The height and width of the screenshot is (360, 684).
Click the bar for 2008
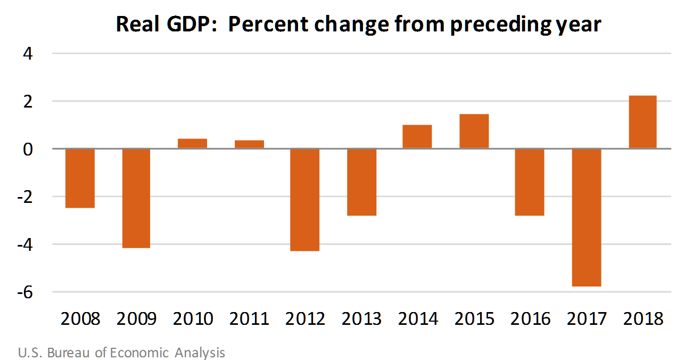[80, 178]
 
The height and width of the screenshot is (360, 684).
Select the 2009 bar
[136, 198]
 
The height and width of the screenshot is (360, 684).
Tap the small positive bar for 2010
[193, 143]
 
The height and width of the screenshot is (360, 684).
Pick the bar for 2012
[305, 199]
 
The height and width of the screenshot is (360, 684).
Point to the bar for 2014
[417, 136]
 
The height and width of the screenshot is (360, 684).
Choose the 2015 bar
[474, 131]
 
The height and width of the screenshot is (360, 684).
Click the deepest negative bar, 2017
[587, 217]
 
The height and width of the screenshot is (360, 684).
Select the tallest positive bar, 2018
[642, 122]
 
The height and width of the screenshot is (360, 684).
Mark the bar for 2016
[530, 182]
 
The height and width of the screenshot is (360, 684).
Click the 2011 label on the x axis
[249, 319]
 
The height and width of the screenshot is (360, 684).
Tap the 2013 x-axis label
[361, 319]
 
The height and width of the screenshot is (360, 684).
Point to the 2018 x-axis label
[643, 319]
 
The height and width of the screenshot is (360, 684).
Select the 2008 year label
[80, 319]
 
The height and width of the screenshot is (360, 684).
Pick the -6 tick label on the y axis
[24, 292]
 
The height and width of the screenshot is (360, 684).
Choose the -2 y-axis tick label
[24, 197]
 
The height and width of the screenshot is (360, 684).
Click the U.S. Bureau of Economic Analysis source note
[121, 353]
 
